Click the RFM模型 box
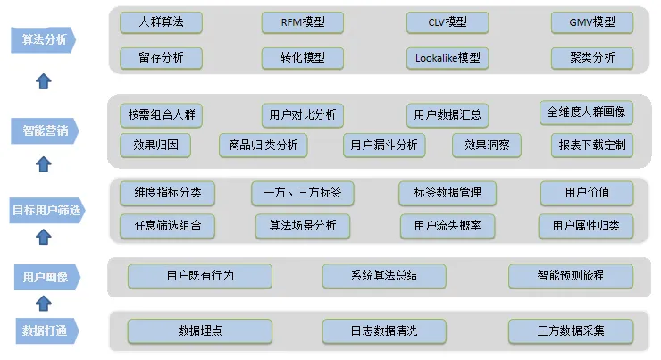click(x=304, y=22)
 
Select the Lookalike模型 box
click(x=448, y=58)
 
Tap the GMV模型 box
click(x=592, y=22)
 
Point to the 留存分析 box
click(x=161, y=58)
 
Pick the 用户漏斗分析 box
click(x=384, y=145)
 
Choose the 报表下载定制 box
click(x=592, y=145)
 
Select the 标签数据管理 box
click(x=447, y=192)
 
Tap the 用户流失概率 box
click(x=448, y=226)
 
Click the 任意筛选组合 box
click(x=167, y=226)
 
